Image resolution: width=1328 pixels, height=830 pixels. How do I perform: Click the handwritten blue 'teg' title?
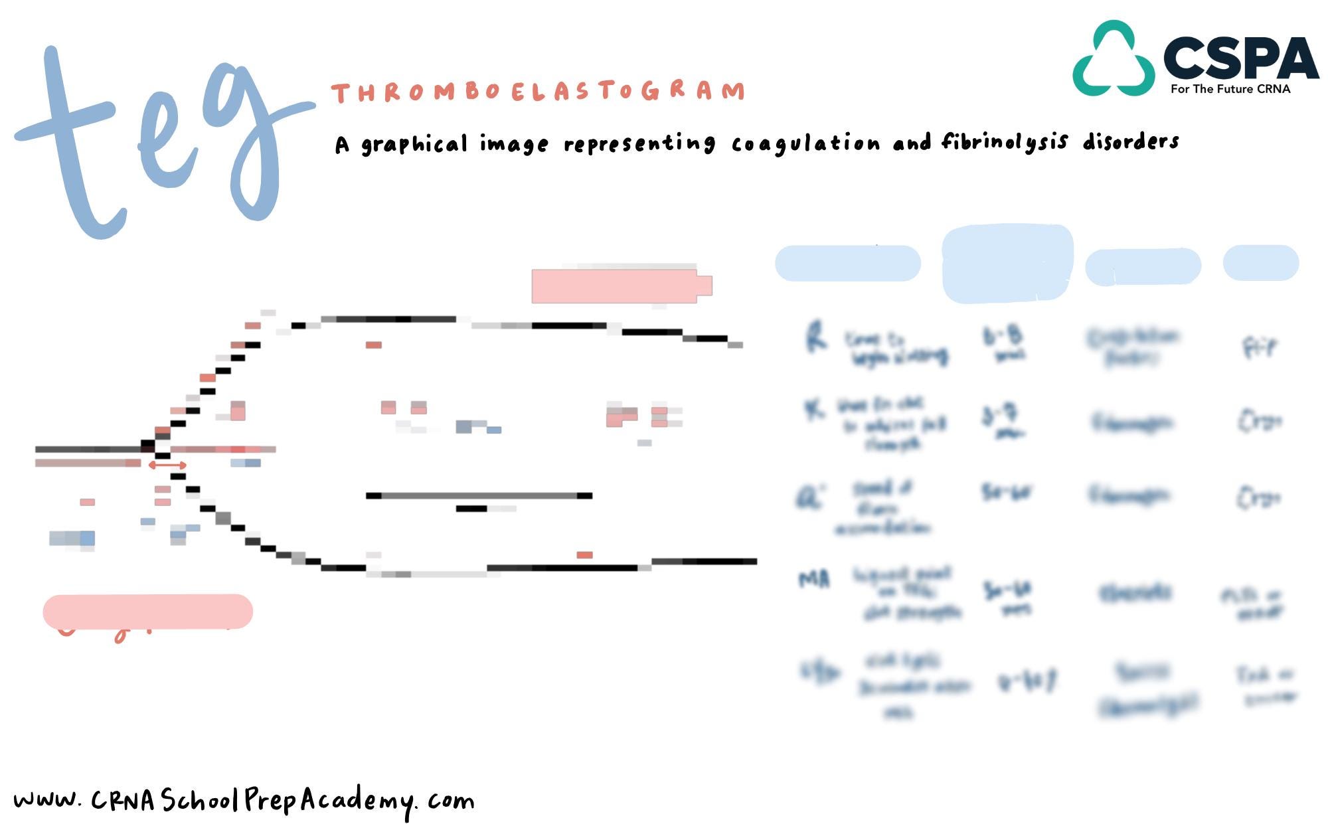pos(159,139)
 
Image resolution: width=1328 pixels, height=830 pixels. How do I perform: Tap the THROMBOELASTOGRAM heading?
pos(538,92)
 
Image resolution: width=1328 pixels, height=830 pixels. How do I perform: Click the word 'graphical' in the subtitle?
pos(414,145)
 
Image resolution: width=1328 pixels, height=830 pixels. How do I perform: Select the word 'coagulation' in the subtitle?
pos(805,143)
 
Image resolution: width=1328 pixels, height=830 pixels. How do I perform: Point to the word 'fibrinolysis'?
pos(1005,141)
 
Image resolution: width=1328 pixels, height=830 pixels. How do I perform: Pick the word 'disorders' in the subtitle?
pos(1131,141)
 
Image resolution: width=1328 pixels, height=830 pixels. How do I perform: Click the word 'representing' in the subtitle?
pos(639,144)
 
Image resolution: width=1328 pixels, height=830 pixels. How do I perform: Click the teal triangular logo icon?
pos(1114,60)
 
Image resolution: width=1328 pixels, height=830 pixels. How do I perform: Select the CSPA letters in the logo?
pos(1240,58)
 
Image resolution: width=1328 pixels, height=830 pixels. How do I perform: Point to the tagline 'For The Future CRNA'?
pos(1230,89)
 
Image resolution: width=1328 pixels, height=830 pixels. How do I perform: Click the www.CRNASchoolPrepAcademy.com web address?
pos(244,801)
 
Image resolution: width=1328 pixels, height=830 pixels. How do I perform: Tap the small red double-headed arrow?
pos(167,465)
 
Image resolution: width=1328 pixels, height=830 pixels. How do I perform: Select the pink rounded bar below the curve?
pos(147,612)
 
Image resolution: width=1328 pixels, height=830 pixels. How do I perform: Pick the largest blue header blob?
pos(1007,264)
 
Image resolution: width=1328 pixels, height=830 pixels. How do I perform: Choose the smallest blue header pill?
pos(1260,263)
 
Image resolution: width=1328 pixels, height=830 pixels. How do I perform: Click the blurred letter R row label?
pos(816,337)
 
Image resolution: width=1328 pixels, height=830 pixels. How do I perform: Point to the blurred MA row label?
pos(814,580)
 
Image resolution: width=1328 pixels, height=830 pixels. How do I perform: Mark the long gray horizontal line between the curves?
pos(479,495)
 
